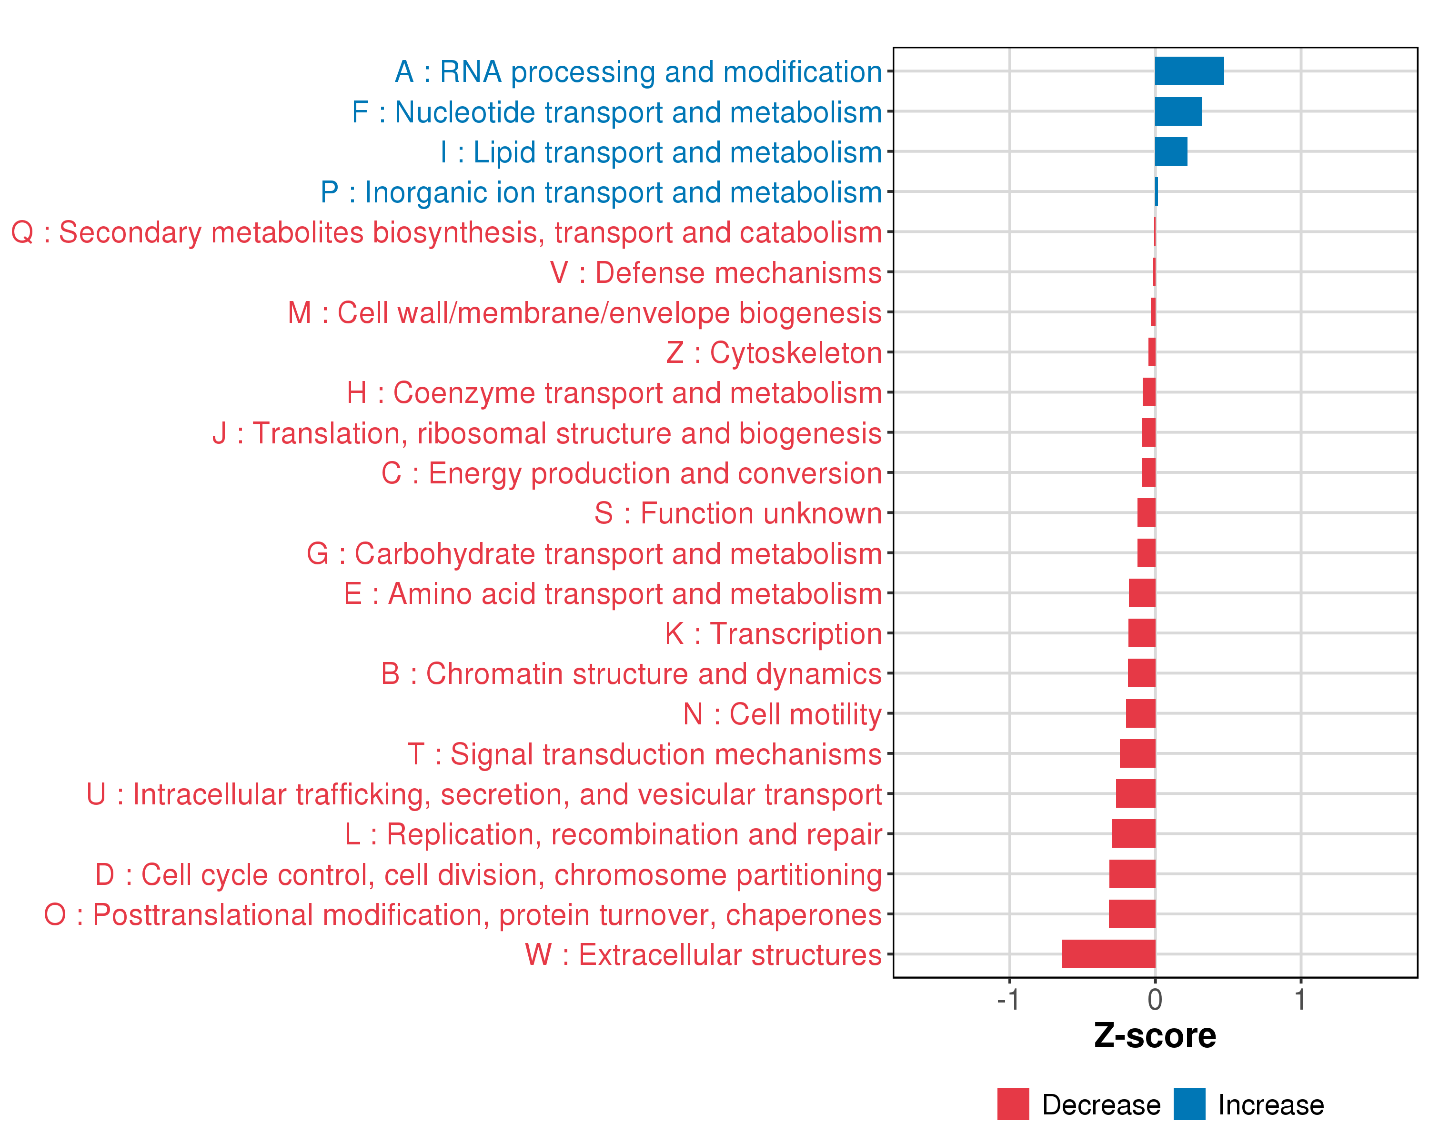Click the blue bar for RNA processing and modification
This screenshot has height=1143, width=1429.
coord(1189,71)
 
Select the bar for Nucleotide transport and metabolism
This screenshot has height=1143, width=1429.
coord(1178,111)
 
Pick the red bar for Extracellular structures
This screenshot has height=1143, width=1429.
coord(1108,954)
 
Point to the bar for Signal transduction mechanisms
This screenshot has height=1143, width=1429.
coord(1137,753)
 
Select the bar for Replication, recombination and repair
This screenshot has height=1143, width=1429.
coord(1133,833)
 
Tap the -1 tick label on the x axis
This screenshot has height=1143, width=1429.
coord(1008,1000)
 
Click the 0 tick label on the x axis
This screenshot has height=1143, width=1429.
coord(1155,1000)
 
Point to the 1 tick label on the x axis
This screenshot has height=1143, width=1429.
coord(1300,1000)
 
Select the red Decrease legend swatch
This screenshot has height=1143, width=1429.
coord(1013,1104)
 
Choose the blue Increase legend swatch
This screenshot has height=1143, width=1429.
coord(1189,1104)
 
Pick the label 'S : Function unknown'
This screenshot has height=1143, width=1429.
coord(738,513)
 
